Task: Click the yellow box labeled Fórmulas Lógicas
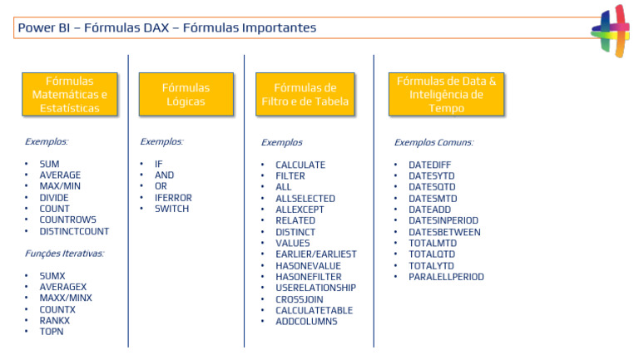click(x=186, y=94)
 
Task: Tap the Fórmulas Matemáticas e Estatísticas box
click(x=70, y=94)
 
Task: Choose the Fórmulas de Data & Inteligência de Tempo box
click(x=446, y=94)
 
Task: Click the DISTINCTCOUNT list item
click(x=74, y=231)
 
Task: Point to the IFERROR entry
click(x=173, y=198)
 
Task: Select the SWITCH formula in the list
click(x=171, y=209)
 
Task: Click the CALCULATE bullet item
click(x=300, y=165)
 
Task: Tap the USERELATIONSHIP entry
click(x=315, y=288)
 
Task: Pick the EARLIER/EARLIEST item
click(x=315, y=254)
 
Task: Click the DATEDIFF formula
click(x=429, y=165)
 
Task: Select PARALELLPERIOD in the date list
click(x=446, y=277)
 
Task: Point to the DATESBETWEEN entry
click(x=444, y=232)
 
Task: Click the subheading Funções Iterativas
click(x=64, y=254)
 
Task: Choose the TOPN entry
click(x=52, y=331)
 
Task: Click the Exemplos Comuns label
click(x=433, y=142)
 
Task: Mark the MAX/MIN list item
click(x=60, y=186)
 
